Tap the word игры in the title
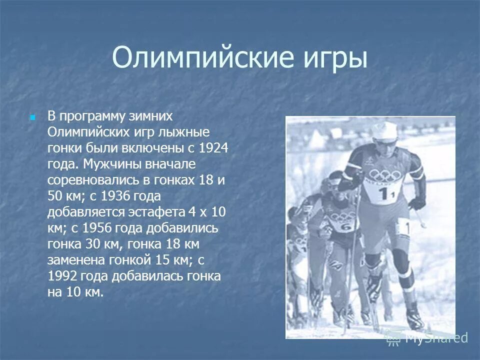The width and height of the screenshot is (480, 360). click(336, 59)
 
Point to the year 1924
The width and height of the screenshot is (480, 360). click(213, 148)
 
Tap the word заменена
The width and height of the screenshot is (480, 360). click(79, 260)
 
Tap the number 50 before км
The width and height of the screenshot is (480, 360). click(54, 195)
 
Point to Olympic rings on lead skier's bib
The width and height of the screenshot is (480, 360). click(384, 176)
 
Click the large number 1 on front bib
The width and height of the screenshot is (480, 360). click(383, 194)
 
